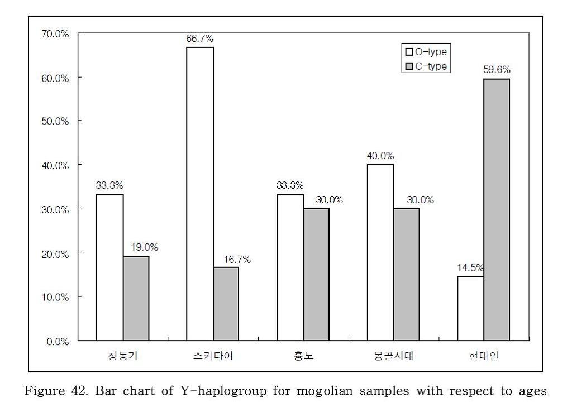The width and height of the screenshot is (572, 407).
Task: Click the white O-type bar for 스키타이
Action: pyautogui.click(x=199, y=194)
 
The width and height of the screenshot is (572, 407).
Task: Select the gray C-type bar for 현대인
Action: pyautogui.click(x=497, y=209)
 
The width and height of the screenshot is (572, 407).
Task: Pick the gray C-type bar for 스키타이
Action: pyautogui.click(x=226, y=304)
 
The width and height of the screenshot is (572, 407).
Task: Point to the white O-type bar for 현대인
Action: pyautogui.click(x=470, y=308)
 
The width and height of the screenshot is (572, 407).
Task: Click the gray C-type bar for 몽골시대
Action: pyautogui.click(x=406, y=274)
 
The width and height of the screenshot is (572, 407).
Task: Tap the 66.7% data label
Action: pyautogui.click(x=199, y=39)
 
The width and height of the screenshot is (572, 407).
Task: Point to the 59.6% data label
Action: pyautogui.click(x=497, y=70)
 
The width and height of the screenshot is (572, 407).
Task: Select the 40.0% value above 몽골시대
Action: pyautogui.click(x=380, y=156)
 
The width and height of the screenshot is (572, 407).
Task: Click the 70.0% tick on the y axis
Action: pyautogui.click(x=55, y=34)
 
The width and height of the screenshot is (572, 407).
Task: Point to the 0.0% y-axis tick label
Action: pyautogui.click(x=57, y=341)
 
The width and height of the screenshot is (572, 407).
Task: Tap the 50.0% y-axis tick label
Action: pyautogui.click(x=55, y=122)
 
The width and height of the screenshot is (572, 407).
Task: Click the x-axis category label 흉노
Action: pyautogui.click(x=303, y=356)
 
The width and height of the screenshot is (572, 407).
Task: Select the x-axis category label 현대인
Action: pyautogui.click(x=484, y=356)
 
